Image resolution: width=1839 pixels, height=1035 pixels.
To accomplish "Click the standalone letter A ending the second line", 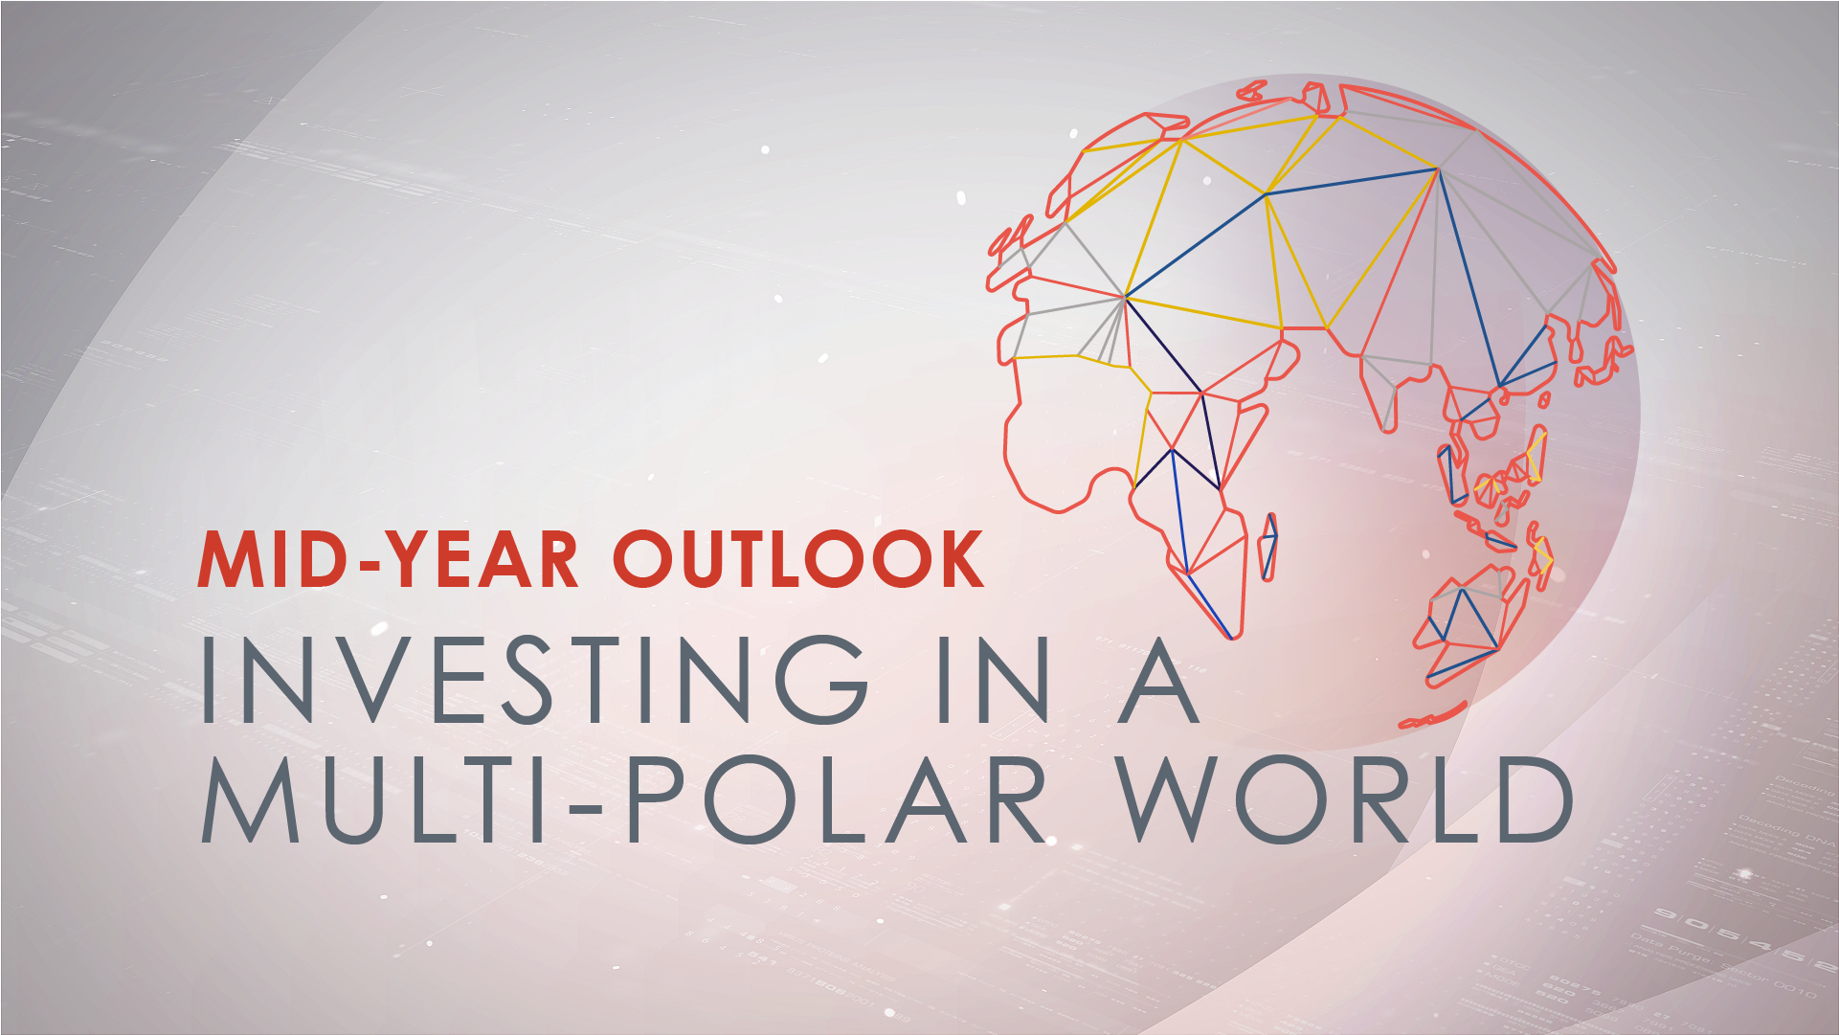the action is coord(1158,679).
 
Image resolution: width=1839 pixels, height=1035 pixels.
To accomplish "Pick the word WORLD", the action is coord(1345,799).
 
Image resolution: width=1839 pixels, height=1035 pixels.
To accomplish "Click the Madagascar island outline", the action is coord(1268,547).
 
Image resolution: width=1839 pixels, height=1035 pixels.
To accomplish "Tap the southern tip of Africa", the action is coord(1234,638).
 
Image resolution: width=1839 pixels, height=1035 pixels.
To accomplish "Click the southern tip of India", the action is coord(1389,430).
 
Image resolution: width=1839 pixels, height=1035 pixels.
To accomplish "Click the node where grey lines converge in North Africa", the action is coord(1125,298).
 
